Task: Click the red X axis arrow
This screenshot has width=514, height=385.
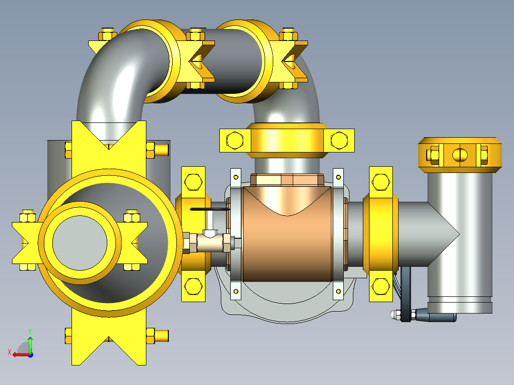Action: coord(21,355)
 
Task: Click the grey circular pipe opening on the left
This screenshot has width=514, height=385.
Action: coord(80,243)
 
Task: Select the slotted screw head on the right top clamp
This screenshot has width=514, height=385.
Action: coord(460,155)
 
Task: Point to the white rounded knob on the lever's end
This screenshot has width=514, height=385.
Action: coord(393,315)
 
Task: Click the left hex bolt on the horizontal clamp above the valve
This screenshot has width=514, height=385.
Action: coord(235,141)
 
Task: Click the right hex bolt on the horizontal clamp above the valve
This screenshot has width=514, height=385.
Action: coord(339,140)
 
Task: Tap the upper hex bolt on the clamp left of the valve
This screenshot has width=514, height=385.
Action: coord(193,182)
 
